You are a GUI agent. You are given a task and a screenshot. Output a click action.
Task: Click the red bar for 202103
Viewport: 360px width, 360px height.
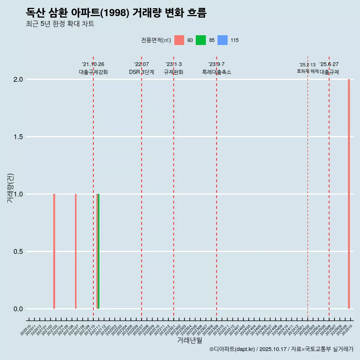click(54, 251)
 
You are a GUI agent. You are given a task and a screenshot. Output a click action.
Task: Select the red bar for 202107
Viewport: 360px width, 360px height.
click(76, 251)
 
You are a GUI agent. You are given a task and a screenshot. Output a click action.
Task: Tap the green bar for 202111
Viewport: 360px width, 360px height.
click(98, 251)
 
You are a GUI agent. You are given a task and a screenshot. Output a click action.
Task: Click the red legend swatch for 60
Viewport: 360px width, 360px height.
click(179, 40)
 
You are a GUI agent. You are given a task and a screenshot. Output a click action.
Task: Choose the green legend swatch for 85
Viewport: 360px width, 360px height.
click(201, 40)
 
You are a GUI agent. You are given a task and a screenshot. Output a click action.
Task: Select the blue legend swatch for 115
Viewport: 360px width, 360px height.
click(222, 40)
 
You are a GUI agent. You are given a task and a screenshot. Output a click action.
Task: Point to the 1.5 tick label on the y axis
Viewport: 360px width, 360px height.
click(18, 137)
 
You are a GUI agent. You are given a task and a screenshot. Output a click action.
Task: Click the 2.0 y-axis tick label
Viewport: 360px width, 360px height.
click(18, 79)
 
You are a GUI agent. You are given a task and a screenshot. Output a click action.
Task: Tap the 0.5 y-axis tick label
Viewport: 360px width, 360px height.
click(18, 252)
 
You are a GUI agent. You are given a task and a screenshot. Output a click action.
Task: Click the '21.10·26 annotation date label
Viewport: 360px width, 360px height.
click(93, 64)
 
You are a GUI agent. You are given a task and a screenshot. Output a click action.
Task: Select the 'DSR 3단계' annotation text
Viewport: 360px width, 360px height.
click(141, 72)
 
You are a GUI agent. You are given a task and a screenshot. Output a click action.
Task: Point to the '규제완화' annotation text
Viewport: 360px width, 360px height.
click(174, 72)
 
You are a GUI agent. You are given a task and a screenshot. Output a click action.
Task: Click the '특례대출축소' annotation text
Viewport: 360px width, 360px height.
click(217, 72)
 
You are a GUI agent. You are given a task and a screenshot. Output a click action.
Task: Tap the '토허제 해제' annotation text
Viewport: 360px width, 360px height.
click(307, 71)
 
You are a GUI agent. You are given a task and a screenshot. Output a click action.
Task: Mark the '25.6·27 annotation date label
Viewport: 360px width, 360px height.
click(329, 64)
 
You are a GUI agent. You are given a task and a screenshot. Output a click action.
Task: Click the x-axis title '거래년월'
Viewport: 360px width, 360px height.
click(189, 340)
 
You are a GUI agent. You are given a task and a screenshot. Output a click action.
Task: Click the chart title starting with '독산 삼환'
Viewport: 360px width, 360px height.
click(116, 13)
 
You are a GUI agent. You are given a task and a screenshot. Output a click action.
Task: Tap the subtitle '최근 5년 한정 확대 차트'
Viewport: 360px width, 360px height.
click(60, 24)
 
